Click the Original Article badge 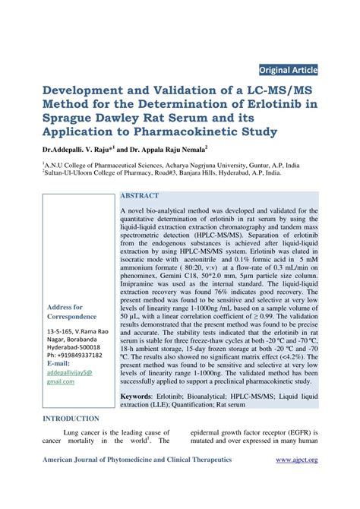[x=288, y=70]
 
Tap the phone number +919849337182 [x=72, y=354]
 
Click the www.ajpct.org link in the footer [x=296, y=460]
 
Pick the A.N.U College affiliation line [x=172, y=164]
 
